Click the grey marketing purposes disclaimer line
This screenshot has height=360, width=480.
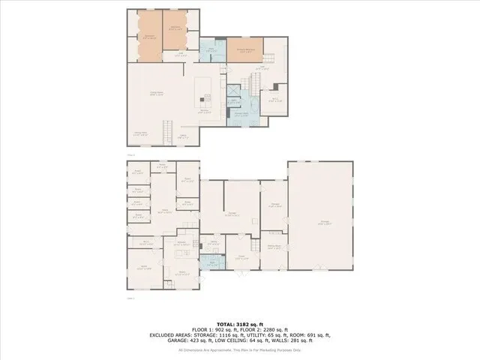(239, 350)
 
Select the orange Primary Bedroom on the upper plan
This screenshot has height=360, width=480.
(244, 49)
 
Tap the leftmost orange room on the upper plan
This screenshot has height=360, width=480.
(149, 36)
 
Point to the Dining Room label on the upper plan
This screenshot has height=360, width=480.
(139, 133)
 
